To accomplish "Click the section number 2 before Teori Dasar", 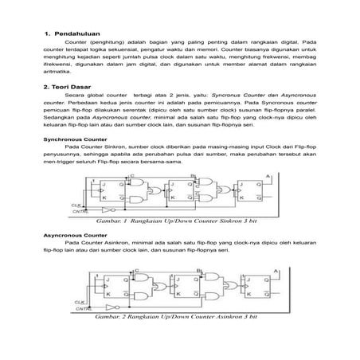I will coord(47,83).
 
